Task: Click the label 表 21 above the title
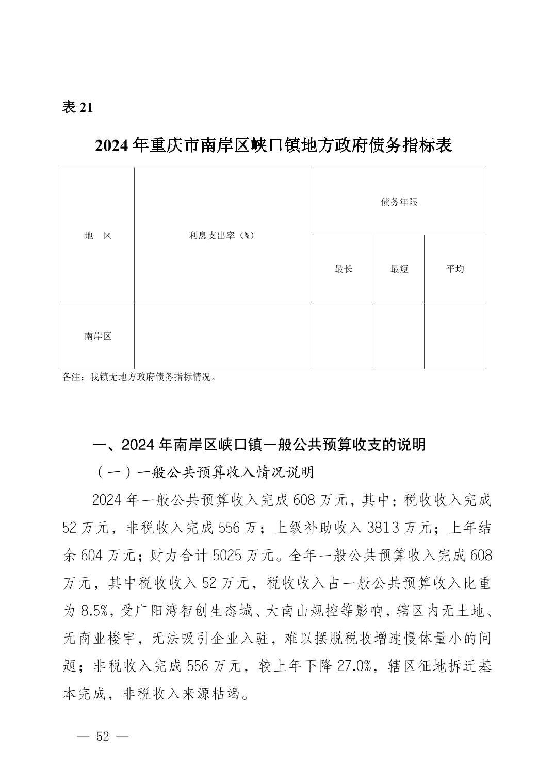point(77,107)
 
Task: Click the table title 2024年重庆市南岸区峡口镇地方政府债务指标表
point(273,145)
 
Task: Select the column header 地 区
point(98,235)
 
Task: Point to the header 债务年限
point(399,202)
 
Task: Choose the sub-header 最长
point(343,269)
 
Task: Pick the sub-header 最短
point(399,269)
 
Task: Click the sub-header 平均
point(455,269)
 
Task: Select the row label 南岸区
point(98,336)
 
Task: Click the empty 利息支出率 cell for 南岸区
point(223,335)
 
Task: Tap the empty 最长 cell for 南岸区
point(343,335)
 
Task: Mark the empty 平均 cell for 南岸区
point(455,335)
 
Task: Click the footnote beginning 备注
point(139,377)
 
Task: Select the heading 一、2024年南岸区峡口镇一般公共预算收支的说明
point(258,444)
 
